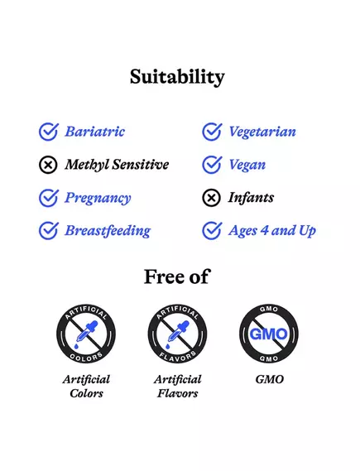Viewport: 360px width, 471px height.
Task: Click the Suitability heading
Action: pos(177,77)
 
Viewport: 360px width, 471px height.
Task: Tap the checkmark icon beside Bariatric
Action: pos(49,132)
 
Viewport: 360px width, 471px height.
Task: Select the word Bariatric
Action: pos(95,132)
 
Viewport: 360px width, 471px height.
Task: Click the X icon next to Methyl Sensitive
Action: pos(49,165)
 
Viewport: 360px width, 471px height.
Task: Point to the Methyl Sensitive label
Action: pos(117,165)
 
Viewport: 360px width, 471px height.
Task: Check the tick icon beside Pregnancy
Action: pos(49,198)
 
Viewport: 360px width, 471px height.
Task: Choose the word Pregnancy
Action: pos(98,198)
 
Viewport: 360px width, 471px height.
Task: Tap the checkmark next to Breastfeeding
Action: pos(49,231)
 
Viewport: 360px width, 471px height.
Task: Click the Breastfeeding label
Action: pos(108,231)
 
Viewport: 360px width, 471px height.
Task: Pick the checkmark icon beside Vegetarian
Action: pos(212,132)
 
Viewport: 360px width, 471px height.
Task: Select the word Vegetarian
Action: pos(262,132)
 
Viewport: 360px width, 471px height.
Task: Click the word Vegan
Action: pos(247,165)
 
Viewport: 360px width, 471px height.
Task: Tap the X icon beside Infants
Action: pos(212,198)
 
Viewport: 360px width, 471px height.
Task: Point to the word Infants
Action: pos(251,198)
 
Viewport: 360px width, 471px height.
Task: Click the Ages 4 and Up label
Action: pos(272,231)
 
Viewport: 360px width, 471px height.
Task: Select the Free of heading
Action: pos(177,276)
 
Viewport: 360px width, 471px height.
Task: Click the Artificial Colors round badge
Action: pos(86,334)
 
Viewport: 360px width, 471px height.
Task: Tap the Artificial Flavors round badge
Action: pos(178,334)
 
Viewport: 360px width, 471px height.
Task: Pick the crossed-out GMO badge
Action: pos(269,334)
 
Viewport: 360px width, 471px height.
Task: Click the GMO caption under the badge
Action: pos(269,379)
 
